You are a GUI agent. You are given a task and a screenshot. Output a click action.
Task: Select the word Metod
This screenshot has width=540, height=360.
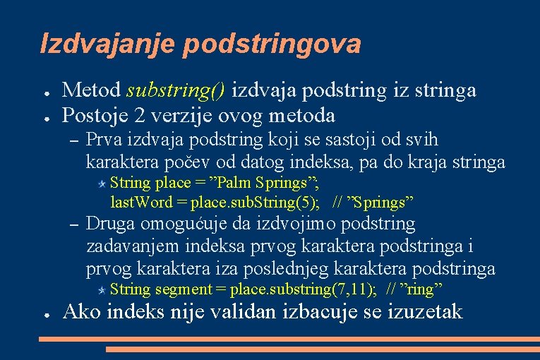click(x=91, y=90)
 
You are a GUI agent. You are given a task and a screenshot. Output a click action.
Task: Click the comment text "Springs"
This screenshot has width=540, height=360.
click(x=381, y=203)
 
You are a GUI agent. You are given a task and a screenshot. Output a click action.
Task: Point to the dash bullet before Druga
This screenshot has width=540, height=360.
click(x=73, y=225)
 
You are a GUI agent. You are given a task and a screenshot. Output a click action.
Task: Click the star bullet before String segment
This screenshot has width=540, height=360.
click(x=102, y=289)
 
